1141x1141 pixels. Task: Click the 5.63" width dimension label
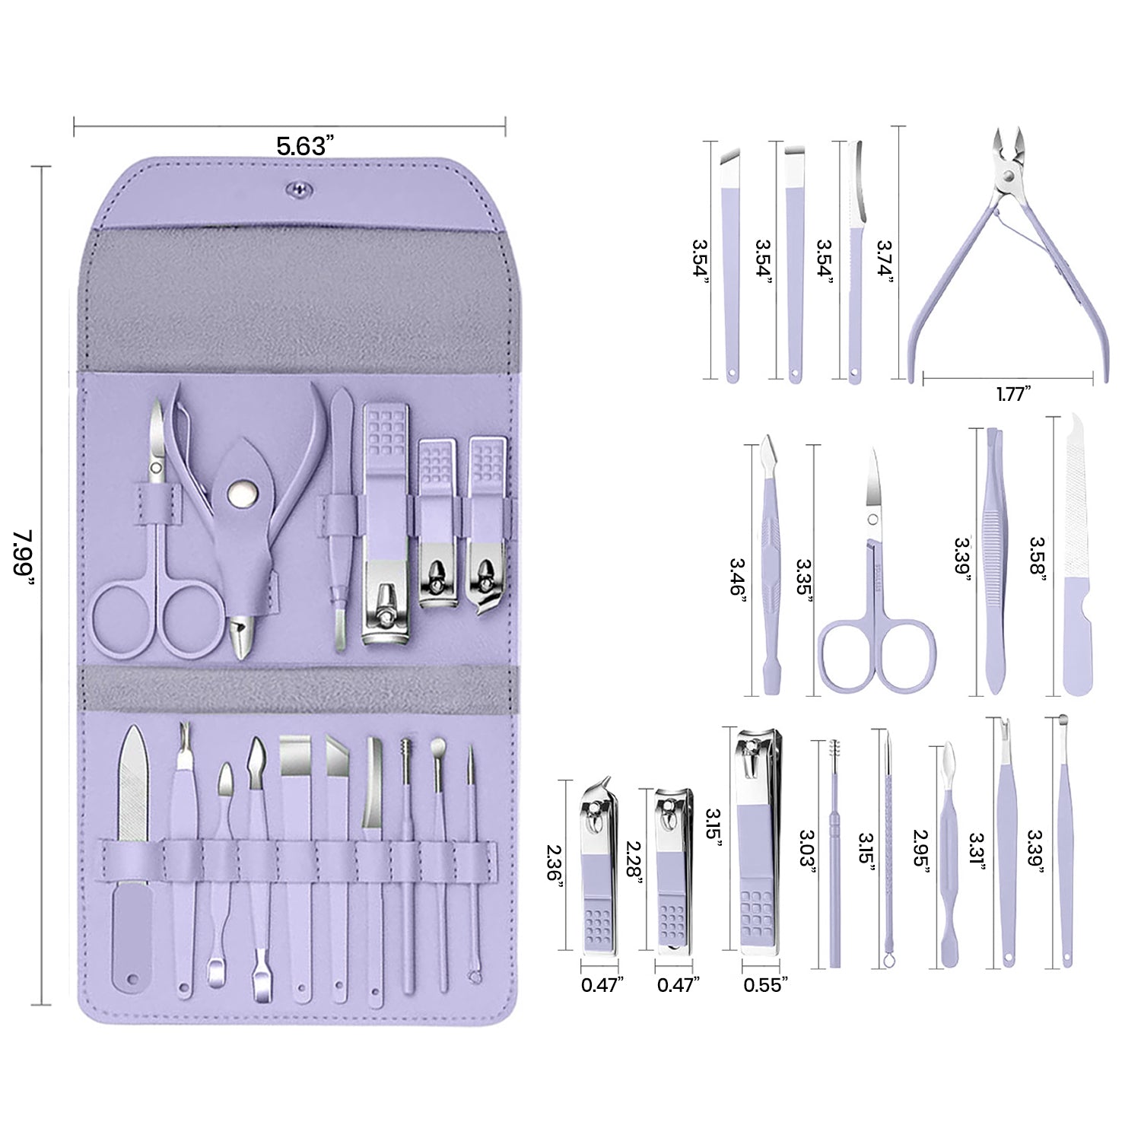pyautogui.click(x=305, y=145)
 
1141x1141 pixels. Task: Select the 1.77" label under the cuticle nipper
pyautogui.click(x=1012, y=394)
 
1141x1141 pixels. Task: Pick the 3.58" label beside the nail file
pyautogui.click(x=1037, y=559)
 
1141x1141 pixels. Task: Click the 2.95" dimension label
pyautogui.click(x=922, y=852)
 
